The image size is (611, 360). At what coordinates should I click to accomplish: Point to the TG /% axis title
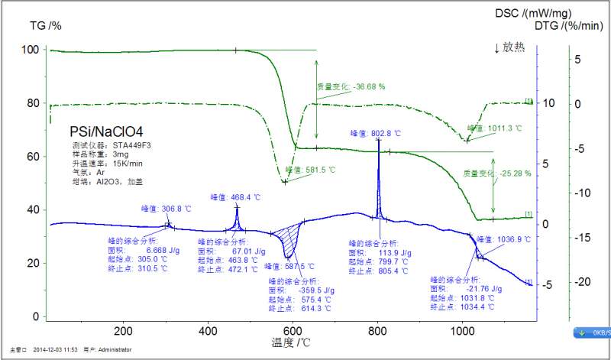[45, 25]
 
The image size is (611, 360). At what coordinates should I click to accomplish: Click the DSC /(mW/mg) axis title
[532, 13]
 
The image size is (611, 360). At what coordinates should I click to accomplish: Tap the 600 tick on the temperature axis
[293, 331]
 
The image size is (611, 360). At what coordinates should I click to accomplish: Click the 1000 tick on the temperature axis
[462, 331]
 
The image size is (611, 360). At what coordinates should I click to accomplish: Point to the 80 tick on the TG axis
[31, 103]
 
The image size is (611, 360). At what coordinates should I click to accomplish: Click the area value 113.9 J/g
[384, 252]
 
